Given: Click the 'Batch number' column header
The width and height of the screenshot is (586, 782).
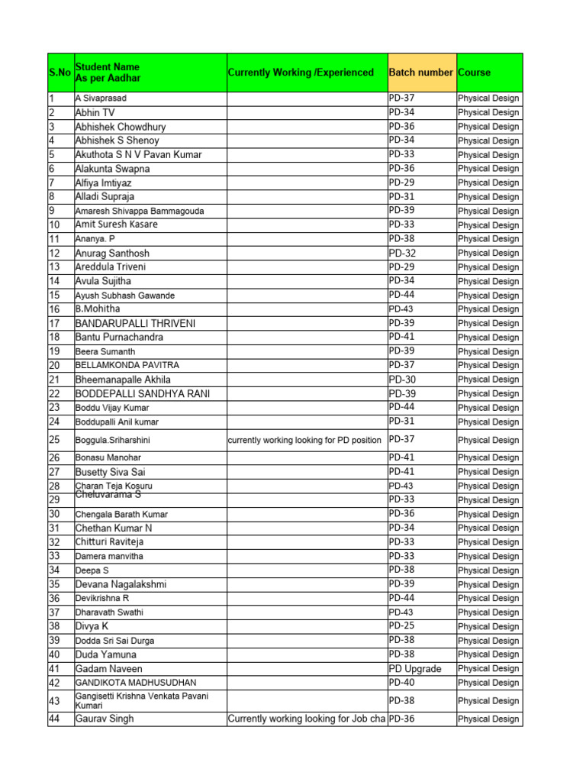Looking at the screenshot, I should click(420, 73).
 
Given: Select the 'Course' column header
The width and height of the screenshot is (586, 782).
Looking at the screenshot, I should click(474, 73).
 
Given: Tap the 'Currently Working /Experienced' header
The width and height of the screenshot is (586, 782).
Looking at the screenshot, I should click(301, 73).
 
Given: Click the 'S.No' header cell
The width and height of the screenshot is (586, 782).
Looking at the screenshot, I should click(60, 73).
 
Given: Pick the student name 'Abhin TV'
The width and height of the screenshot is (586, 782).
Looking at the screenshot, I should click(95, 112).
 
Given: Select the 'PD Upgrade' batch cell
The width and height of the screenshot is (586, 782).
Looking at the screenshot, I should click(415, 668).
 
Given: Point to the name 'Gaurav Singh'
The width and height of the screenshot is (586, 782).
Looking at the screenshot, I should click(105, 719).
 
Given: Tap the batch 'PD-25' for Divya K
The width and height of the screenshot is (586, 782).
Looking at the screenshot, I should click(402, 625).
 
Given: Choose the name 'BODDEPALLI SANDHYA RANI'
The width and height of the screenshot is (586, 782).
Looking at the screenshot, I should click(142, 393).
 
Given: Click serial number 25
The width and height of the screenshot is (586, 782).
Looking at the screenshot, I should click(54, 440).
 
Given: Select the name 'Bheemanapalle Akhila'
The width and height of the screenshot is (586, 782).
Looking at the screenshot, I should click(123, 380).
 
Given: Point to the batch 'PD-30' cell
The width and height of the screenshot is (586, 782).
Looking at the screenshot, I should click(403, 380).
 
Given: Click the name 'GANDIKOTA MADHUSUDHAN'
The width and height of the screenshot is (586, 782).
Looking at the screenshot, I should click(136, 683).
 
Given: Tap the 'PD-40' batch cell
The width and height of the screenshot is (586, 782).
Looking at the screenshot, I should click(402, 683).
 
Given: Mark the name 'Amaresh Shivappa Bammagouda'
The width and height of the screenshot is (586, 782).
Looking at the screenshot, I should click(140, 211).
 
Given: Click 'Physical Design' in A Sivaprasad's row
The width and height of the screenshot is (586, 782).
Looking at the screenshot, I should click(488, 99).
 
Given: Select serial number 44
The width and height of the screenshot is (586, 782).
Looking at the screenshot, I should click(54, 719).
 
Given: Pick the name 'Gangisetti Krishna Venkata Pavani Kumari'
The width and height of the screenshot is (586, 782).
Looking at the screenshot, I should click(142, 700).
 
